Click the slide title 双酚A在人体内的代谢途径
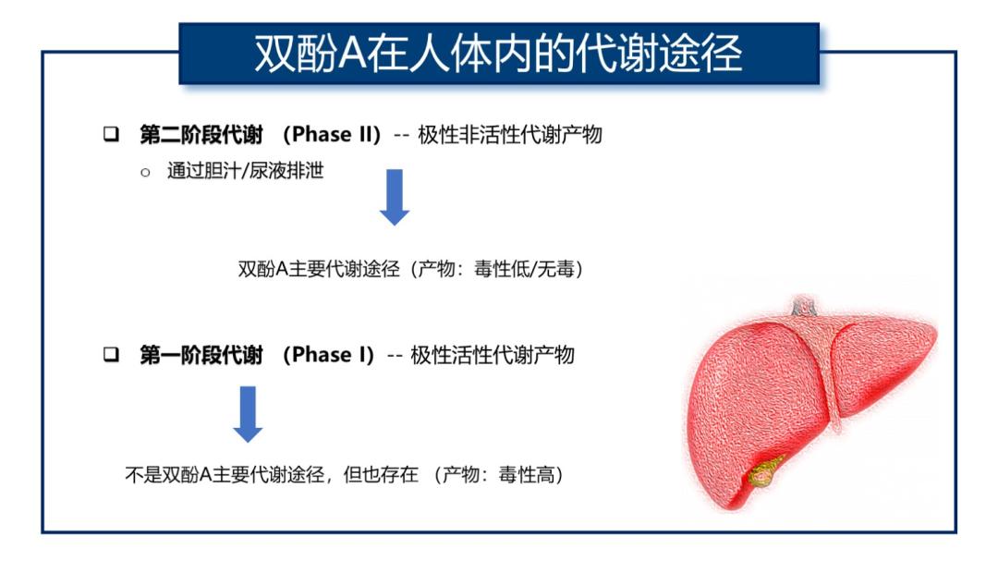click(498, 54)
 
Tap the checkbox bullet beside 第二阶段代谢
click(112, 134)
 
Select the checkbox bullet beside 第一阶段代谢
click(112, 354)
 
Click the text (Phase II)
click(331, 134)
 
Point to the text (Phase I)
click(328, 355)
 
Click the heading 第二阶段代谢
click(201, 134)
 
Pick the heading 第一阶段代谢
click(201, 355)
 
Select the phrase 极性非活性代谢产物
click(510, 134)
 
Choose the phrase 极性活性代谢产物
click(493, 355)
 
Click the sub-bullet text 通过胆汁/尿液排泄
click(246, 171)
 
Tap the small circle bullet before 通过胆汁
click(145, 173)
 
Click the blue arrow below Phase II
click(395, 198)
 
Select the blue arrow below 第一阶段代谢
click(248, 414)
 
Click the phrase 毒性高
click(527, 474)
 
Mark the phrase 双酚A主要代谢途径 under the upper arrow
click(319, 269)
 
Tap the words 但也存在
click(381, 474)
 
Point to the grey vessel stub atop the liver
click(805, 306)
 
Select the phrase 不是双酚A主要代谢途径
click(225, 474)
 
